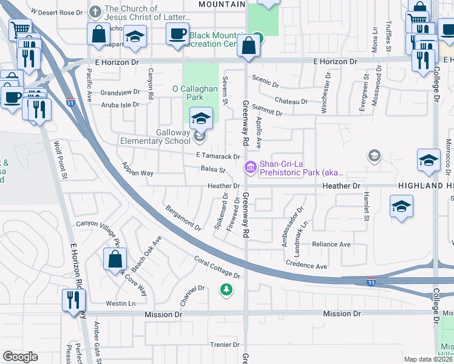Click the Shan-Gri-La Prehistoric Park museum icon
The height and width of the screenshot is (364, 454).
[x=249, y=166]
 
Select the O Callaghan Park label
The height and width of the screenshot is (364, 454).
[x=195, y=93]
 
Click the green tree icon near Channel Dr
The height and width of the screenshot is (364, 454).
[x=226, y=289]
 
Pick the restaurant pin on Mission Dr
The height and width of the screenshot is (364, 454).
[x=73, y=300]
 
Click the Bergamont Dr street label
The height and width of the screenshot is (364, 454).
[x=183, y=218]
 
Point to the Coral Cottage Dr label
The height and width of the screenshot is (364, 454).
[x=217, y=268]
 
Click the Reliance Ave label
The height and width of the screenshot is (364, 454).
[x=331, y=244]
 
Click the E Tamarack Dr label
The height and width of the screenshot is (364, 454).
[x=218, y=157]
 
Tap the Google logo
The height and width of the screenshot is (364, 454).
[x=20, y=357]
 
